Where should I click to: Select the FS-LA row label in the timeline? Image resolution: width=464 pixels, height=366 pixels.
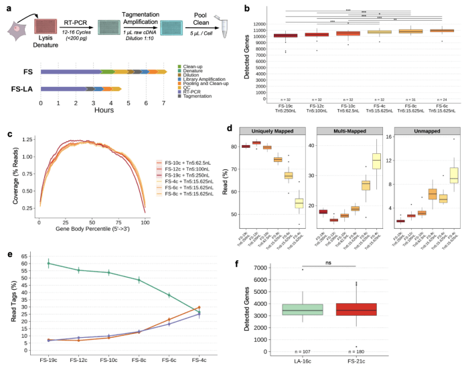point(23,88)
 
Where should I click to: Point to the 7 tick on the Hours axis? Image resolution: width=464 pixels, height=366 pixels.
point(164,103)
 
